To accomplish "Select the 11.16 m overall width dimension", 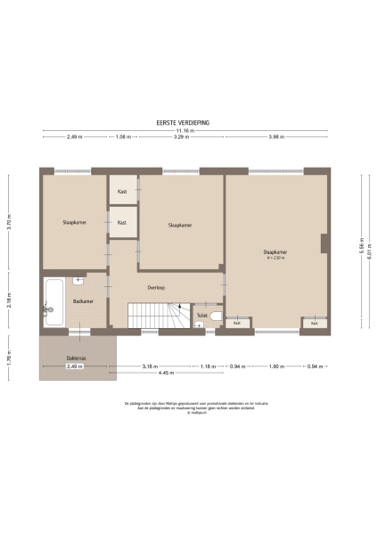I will click(x=187, y=129).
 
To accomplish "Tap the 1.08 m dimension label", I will click(x=124, y=136).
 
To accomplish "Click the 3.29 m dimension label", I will click(x=181, y=136).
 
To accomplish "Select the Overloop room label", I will click(x=157, y=287).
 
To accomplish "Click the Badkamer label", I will click(x=84, y=301).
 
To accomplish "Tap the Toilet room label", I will click(x=201, y=315).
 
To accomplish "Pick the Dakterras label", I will click(x=76, y=358).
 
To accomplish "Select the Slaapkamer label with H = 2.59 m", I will click(x=275, y=255).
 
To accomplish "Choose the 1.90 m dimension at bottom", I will click(x=275, y=366).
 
